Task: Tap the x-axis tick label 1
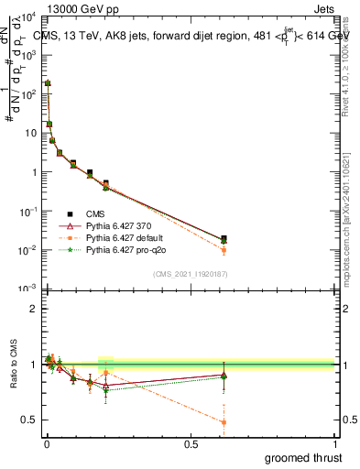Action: coord(334,444)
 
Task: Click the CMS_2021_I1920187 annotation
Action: coord(190,274)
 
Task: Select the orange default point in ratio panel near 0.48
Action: coord(224,422)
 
